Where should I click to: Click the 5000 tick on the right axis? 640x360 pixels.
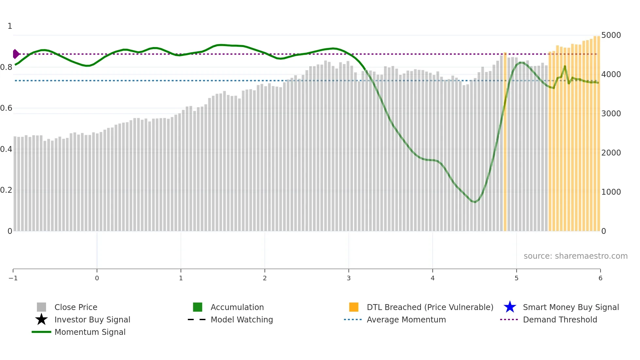coord(611,35)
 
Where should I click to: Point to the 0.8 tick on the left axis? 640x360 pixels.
coord(6,67)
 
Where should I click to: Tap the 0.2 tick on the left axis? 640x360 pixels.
coord(6,190)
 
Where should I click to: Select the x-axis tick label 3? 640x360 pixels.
coord(349,278)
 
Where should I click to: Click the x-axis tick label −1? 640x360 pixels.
coord(13,278)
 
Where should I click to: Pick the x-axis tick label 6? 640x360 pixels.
coord(600,278)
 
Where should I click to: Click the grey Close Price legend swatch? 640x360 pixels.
coord(41,307)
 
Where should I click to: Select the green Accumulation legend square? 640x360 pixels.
coord(198,307)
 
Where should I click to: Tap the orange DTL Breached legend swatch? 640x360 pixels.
coord(354,307)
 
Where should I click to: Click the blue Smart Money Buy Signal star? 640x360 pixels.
coord(510,307)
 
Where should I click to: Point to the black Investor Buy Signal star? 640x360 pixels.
coord(41,319)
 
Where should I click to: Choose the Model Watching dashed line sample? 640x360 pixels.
coord(197,319)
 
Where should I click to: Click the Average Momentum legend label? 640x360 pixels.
coord(406,319)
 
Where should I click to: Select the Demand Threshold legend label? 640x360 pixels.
coord(560,319)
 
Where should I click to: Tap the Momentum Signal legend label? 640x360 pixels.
coord(90,332)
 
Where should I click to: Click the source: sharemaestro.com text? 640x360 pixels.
coord(575,256)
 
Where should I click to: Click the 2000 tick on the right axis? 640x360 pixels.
coord(611,153)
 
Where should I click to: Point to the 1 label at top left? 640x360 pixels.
coord(10,26)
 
